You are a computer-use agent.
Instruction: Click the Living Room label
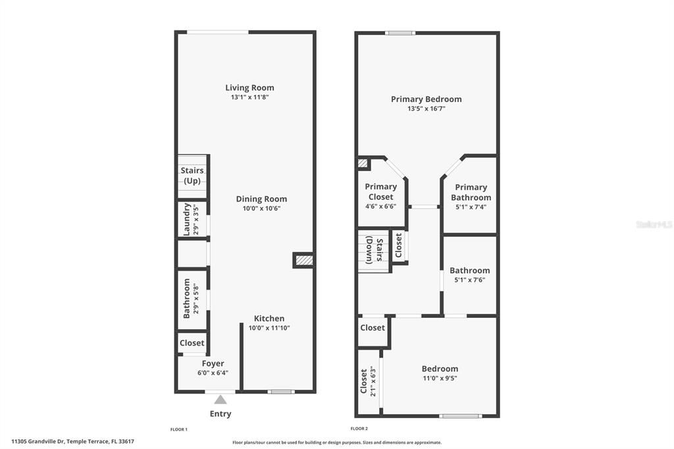coord(249,88)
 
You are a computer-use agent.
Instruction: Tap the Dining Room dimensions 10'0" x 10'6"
coord(261,209)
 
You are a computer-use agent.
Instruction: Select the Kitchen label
coord(269,319)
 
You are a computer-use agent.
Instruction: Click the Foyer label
coord(213,363)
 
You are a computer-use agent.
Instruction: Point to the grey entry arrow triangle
coord(220,399)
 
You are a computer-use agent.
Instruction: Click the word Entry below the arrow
coord(220,414)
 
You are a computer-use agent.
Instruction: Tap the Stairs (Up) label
coord(192,176)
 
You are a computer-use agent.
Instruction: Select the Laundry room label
coord(187,219)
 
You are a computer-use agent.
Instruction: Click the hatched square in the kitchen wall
coord(302,261)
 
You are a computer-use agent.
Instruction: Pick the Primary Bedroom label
coord(426,99)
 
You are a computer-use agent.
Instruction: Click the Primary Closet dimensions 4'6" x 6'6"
coord(380,206)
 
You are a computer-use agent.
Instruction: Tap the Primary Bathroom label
coord(471,192)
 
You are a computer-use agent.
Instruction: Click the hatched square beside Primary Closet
coord(363,163)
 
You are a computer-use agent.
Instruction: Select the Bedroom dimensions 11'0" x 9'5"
coord(440,379)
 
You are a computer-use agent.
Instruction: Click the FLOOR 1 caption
coord(179,429)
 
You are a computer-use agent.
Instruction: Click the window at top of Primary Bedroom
coord(400,33)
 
